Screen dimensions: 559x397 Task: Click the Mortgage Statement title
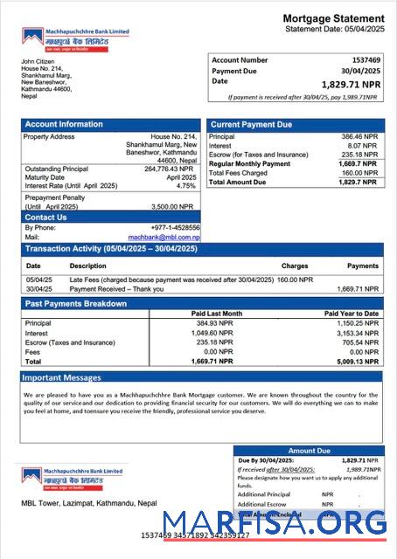click(x=332, y=18)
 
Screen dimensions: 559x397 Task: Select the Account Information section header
click(x=64, y=125)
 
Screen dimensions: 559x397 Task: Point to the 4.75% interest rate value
click(x=185, y=186)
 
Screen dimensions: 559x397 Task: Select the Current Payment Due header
click(x=251, y=125)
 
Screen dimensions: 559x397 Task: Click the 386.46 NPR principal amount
click(x=359, y=137)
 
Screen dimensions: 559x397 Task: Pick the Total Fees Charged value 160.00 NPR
click(x=359, y=173)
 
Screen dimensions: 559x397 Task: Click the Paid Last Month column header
click(x=216, y=314)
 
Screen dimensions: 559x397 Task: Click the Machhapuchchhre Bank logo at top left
click(x=75, y=38)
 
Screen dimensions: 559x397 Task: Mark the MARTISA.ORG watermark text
click(x=274, y=522)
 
